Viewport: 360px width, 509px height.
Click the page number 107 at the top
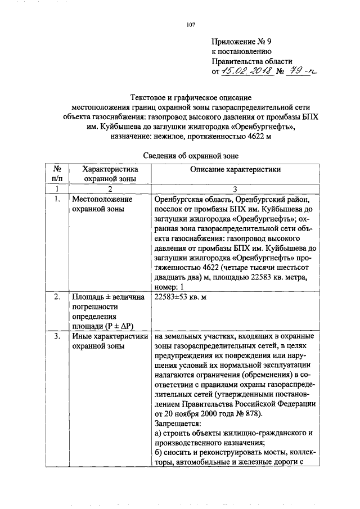[x=191, y=24]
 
